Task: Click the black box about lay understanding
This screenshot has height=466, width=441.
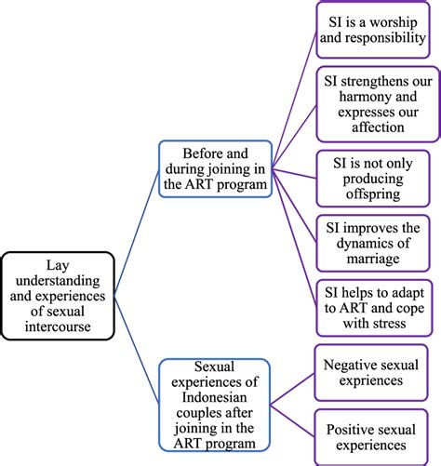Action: (64, 292)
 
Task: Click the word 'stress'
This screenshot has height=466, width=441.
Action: (396, 323)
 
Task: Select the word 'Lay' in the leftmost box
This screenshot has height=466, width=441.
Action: (63, 262)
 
